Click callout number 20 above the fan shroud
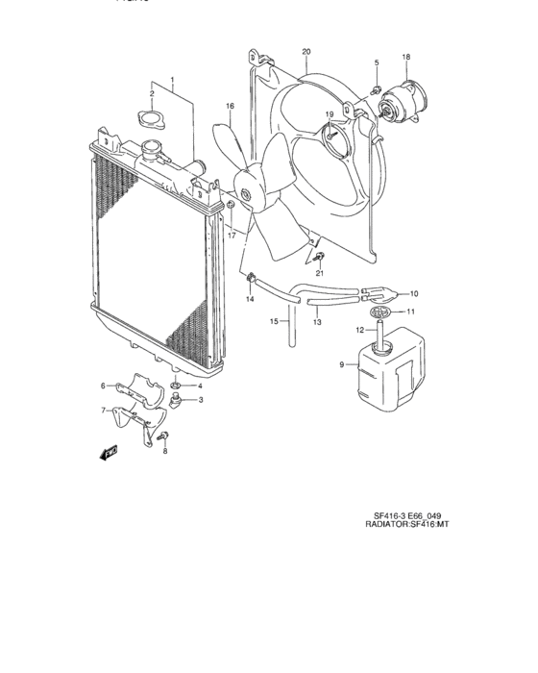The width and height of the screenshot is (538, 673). tap(306, 51)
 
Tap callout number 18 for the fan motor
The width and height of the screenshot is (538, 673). tap(405, 57)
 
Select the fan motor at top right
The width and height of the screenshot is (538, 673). tap(401, 100)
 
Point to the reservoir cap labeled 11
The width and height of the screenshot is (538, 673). tap(382, 312)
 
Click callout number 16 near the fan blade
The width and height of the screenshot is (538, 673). tap(231, 106)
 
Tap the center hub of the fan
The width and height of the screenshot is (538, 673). tap(246, 197)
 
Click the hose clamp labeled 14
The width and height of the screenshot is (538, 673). tap(250, 281)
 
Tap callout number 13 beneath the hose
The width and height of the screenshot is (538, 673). tap(318, 322)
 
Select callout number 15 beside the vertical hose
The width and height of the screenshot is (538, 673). tap(273, 321)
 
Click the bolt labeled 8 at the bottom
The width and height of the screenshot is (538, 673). tap(164, 437)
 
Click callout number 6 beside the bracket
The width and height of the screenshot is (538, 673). tap(103, 386)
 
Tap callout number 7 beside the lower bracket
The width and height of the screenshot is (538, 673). tap(103, 411)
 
